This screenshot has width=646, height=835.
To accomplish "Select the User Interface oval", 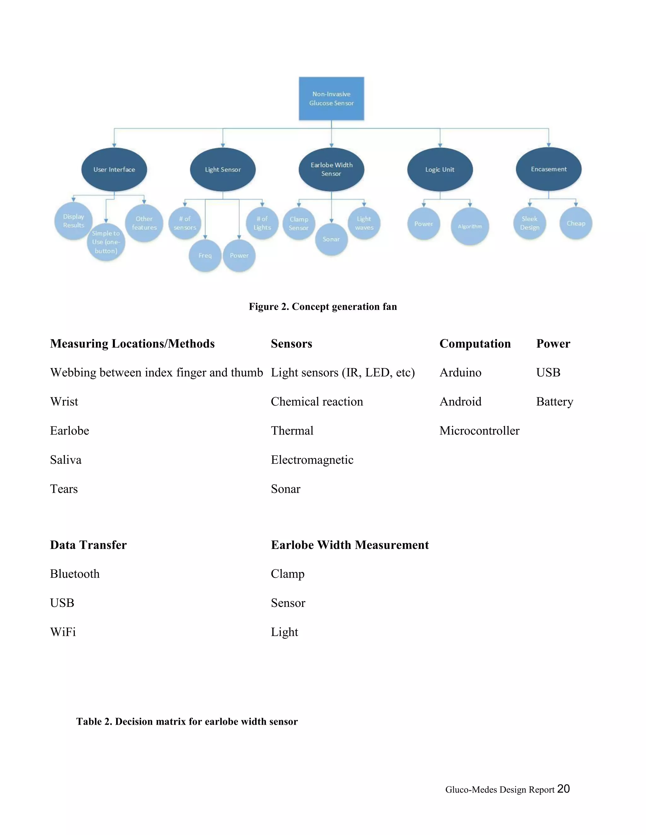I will coord(114,170).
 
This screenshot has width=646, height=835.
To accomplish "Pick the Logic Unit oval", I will coord(440,170).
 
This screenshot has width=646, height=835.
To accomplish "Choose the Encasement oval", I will coord(549,169).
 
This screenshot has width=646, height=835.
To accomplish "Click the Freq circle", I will coord(205,256).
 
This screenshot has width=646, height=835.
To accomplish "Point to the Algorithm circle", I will coord(470,226).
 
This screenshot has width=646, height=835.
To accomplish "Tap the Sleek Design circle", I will coord(530,223).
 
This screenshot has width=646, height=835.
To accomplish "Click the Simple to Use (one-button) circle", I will coord(106,242).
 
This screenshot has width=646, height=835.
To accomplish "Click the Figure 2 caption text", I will coord(323,307).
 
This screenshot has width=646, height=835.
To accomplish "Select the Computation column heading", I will coord(475,344).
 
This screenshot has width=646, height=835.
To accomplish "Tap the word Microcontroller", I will coord(479,431).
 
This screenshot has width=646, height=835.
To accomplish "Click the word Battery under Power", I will coord(555,402).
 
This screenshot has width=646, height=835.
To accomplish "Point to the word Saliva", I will coord(66,460).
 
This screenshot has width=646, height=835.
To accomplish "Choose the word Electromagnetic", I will coord(312,460).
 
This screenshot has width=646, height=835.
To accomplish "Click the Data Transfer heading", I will coord(88,545).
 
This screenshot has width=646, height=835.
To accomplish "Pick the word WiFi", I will coord(63,632).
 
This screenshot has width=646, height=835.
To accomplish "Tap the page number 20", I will coord(563,789).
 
